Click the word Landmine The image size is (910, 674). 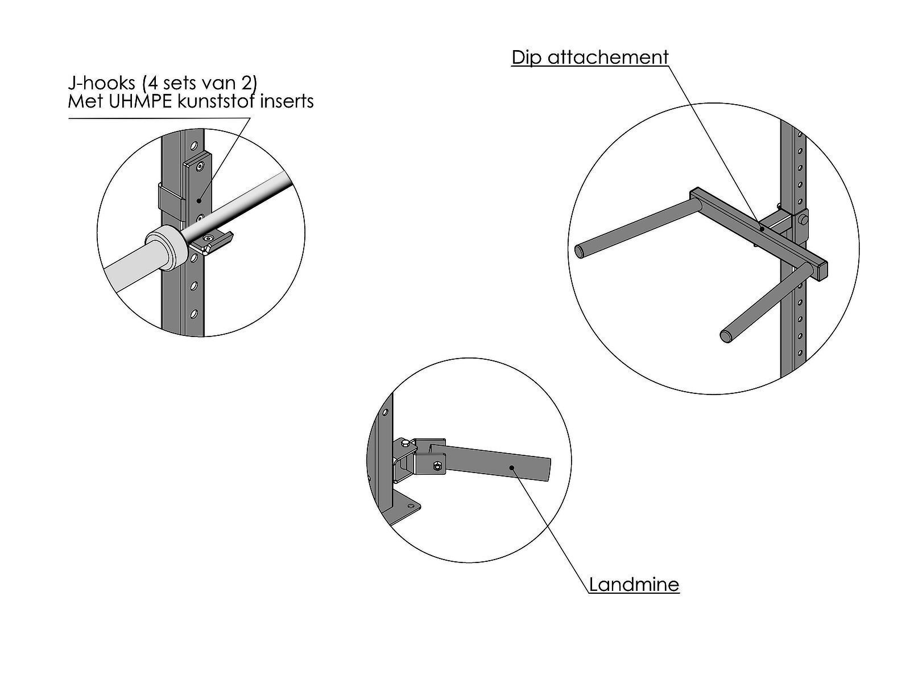coord(634,585)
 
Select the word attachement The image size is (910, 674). coord(608,57)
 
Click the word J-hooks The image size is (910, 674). coord(101,83)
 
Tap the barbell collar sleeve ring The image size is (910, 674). coord(164,248)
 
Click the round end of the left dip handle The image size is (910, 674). coord(580,251)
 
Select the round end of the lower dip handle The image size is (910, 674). coord(727,336)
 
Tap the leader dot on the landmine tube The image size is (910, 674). coord(512,467)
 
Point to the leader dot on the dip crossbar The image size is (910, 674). coord(762,229)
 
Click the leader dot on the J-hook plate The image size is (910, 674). coord(198,200)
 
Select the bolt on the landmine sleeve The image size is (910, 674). coord(437,465)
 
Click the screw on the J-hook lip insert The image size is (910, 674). coord(209,238)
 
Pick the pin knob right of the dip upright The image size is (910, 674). coord(803,220)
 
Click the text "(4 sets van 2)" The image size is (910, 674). coord(200,83)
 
